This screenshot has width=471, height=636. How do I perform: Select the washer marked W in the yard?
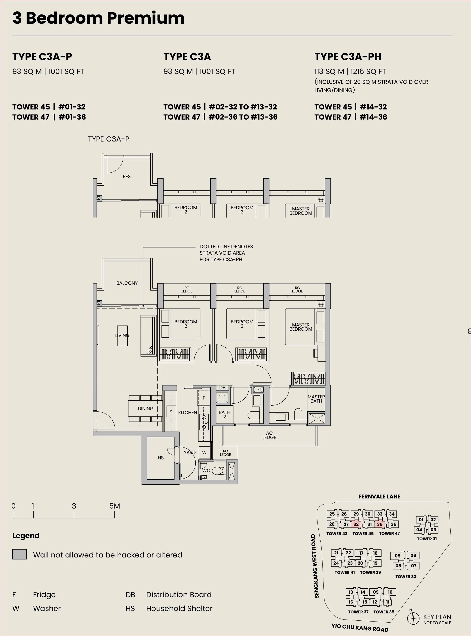coord(204,452)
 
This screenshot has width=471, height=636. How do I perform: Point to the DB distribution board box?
coord(222,388)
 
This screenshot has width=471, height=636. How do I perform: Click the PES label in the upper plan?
coord(127,177)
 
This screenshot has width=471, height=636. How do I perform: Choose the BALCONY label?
coord(127,283)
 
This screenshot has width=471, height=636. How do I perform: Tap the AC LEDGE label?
coord(269,435)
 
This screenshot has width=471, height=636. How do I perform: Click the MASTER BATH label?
coord(316,399)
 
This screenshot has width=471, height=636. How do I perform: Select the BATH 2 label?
coord(224,414)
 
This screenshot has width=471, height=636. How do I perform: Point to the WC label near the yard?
coord(206,470)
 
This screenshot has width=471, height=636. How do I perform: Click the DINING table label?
coord(145,408)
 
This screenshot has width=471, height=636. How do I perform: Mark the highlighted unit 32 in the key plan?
coord(356,524)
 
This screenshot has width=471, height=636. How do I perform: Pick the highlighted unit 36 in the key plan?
coord(380,524)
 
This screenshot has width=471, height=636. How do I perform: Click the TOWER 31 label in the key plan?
coord(426,539)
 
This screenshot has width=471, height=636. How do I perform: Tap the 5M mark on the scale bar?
coord(115,506)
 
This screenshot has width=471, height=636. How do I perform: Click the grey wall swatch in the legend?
coord(19,554)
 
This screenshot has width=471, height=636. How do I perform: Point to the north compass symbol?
coord(413,619)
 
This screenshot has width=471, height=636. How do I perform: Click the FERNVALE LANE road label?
coord(379,496)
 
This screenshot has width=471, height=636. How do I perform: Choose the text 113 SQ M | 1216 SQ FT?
coord(350,71)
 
